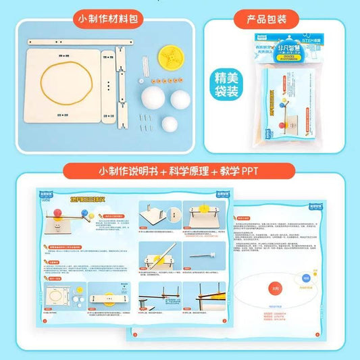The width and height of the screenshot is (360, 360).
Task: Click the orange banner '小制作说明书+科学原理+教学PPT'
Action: [180, 172]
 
